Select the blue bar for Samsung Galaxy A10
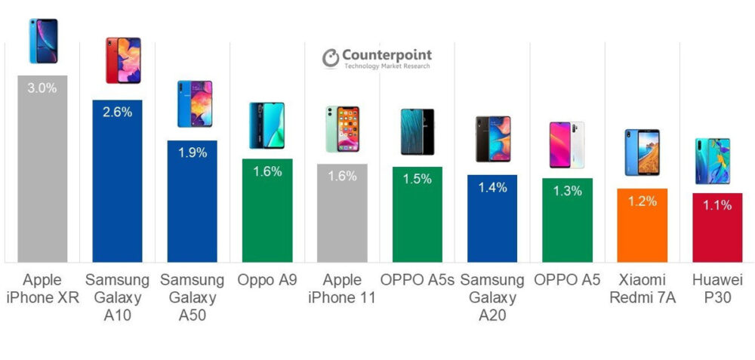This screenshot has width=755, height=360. [x=117, y=189]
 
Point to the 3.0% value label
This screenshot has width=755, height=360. [x=42, y=88]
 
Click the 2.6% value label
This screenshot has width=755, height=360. [x=117, y=112]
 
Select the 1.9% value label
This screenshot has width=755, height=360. [x=192, y=153]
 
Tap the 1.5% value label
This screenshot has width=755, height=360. [x=417, y=179]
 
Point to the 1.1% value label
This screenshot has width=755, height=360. [x=716, y=205]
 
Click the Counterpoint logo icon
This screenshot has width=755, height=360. [x=331, y=58]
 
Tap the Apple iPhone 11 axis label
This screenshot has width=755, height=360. [x=341, y=289]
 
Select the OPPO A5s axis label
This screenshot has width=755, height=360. [x=417, y=280]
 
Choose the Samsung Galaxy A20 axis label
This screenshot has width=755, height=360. [x=492, y=297]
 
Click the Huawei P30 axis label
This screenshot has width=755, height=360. [x=716, y=289]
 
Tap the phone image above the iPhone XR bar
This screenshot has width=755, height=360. [x=42, y=42]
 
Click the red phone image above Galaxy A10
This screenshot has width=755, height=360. [x=122, y=60]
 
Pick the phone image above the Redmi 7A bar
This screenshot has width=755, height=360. [x=642, y=152]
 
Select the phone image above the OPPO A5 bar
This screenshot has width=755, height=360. [x=566, y=145]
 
